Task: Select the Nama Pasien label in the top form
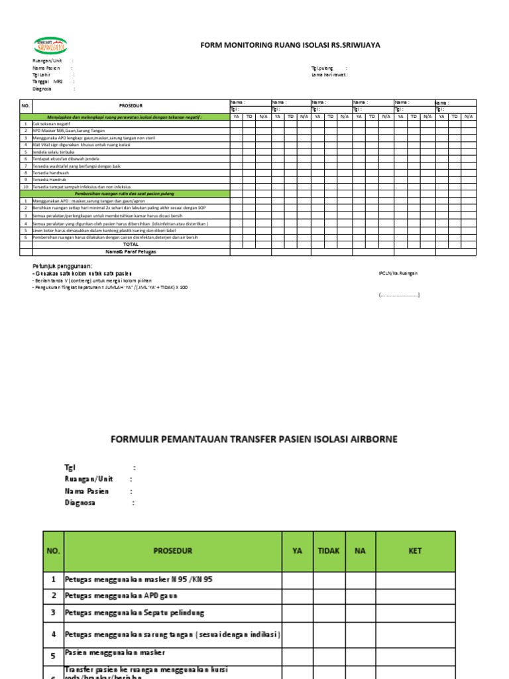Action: tap(46, 68)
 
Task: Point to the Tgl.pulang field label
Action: tap(322, 68)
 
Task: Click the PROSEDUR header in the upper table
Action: tap(131, 105)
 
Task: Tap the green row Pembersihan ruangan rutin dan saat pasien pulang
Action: tap(131, 194)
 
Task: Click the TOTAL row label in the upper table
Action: tap(131, 244)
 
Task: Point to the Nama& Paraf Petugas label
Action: tap(131, 251)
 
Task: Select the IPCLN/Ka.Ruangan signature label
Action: tap(398, 273)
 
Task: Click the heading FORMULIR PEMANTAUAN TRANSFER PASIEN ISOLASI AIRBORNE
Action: tap(254, 440)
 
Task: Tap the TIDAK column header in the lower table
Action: tap(329, 550)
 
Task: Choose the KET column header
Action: tap(415, 550)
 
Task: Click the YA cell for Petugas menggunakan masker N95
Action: tap(297, 580)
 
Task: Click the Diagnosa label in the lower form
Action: tap(80, 503)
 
